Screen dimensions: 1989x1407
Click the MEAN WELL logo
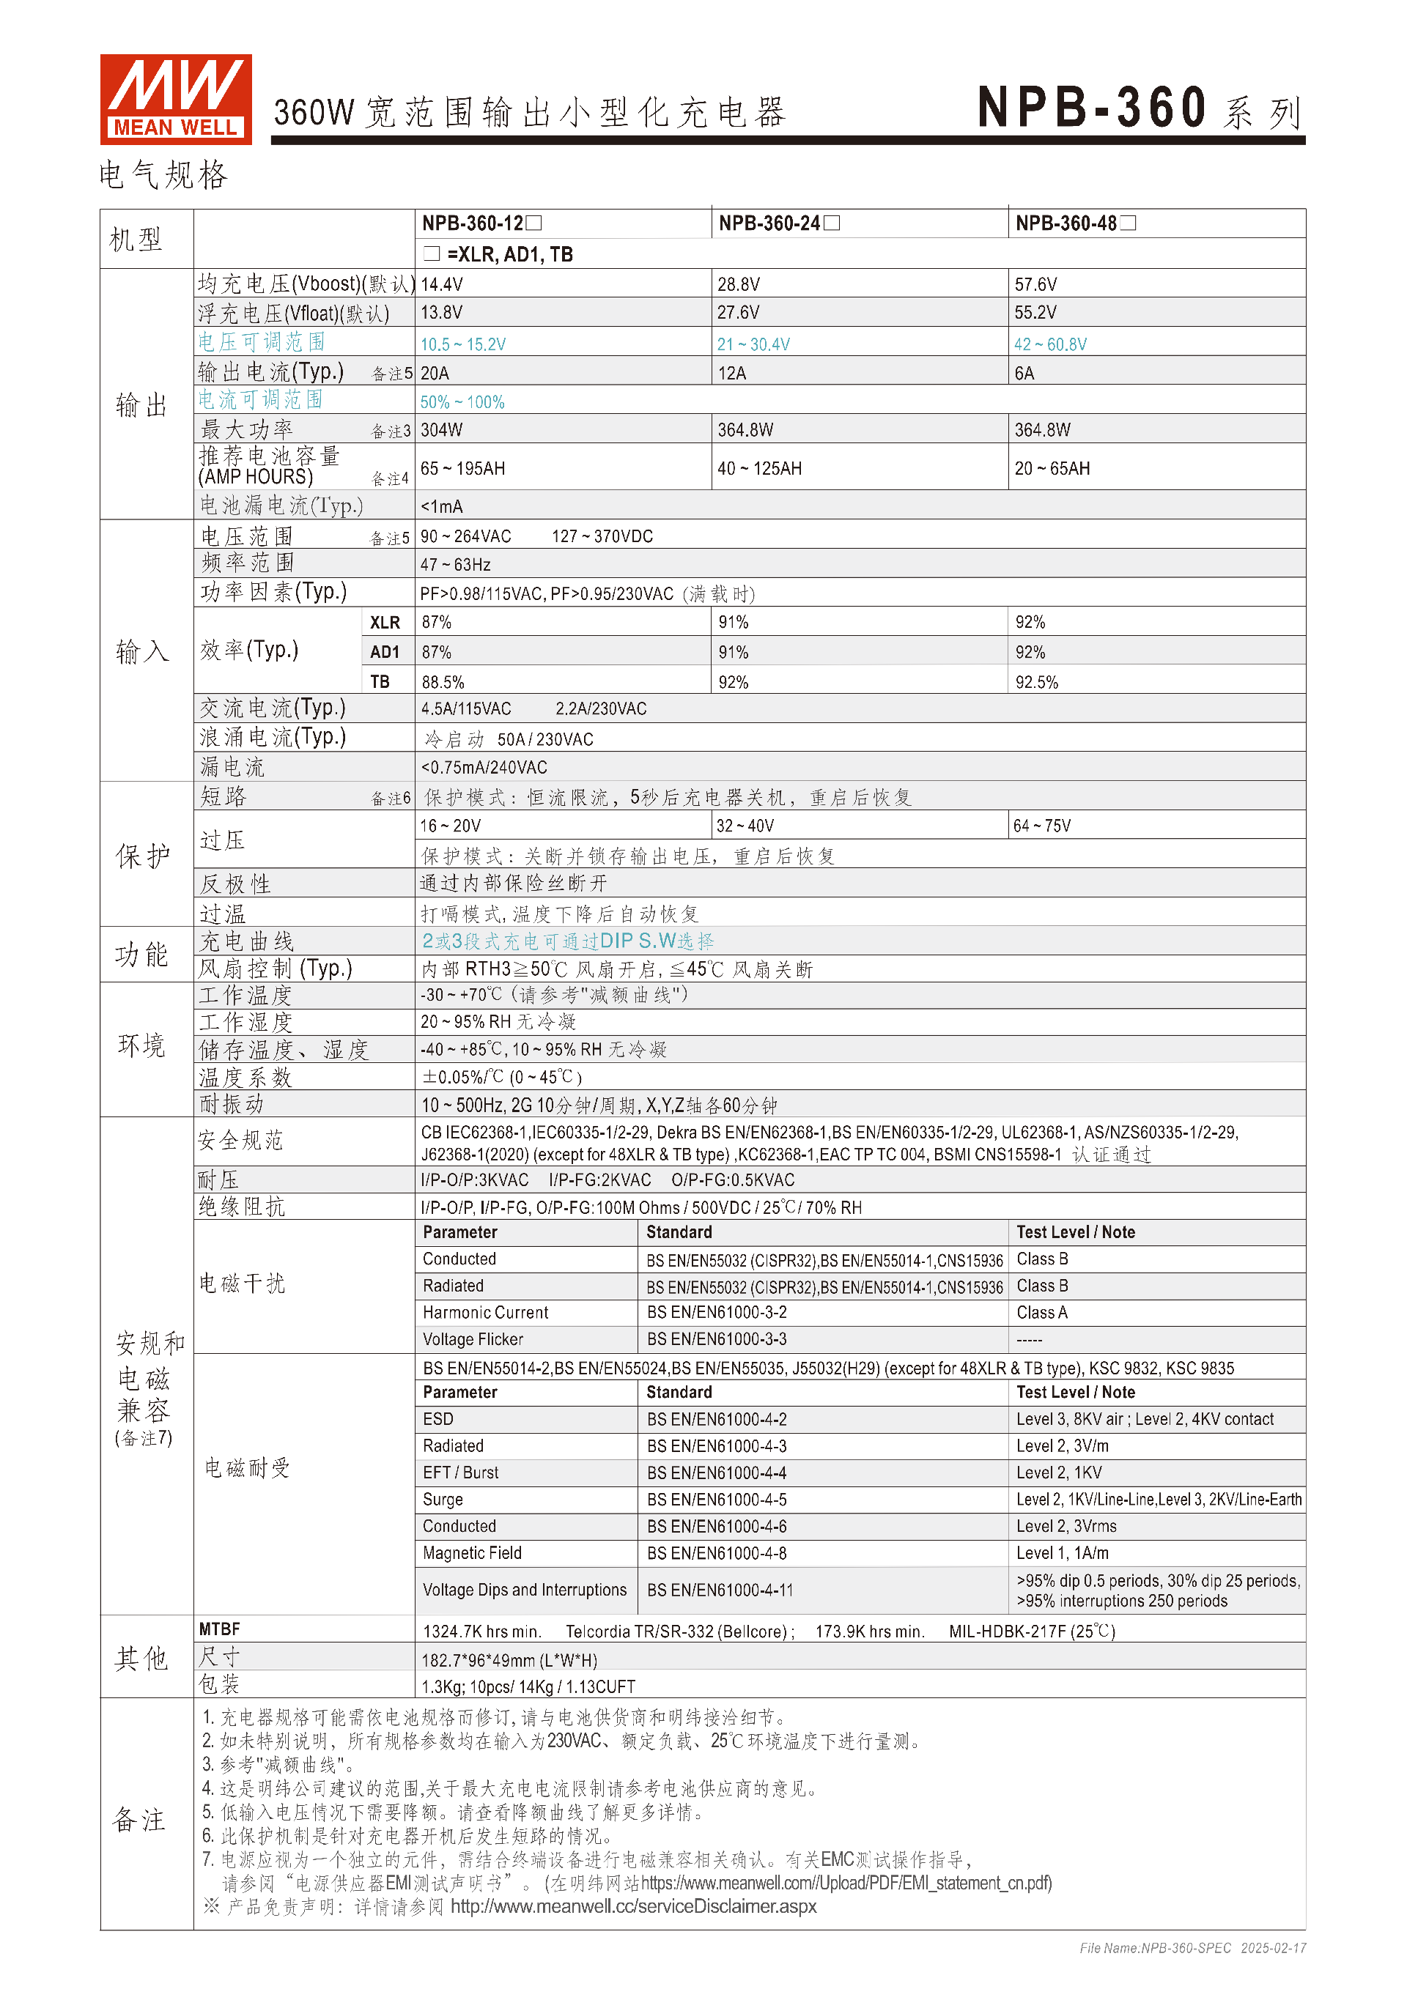click(x=176, y=99)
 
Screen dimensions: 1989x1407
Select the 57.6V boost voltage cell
click(x=1035, y=284)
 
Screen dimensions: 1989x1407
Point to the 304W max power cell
click(x=442, y=431)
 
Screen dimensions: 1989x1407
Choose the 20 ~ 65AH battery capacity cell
click(x=1052, y=469)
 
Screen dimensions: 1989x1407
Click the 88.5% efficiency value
click(x=443, y=683)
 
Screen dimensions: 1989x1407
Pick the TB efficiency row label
click(x=380, y=682)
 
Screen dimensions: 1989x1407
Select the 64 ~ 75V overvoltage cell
click(x=1042, y=826)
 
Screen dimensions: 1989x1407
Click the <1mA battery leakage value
click(x=442, y=507)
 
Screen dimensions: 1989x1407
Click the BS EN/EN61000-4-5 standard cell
click(x=717, y=1500)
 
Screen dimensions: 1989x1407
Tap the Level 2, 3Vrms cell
click(x=1066, y=1527)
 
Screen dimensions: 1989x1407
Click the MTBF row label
click(x=219, y=1630)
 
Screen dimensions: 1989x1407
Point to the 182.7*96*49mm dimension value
click(x=509, y=1661)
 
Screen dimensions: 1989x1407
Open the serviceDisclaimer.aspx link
click(x=633, y=1907)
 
